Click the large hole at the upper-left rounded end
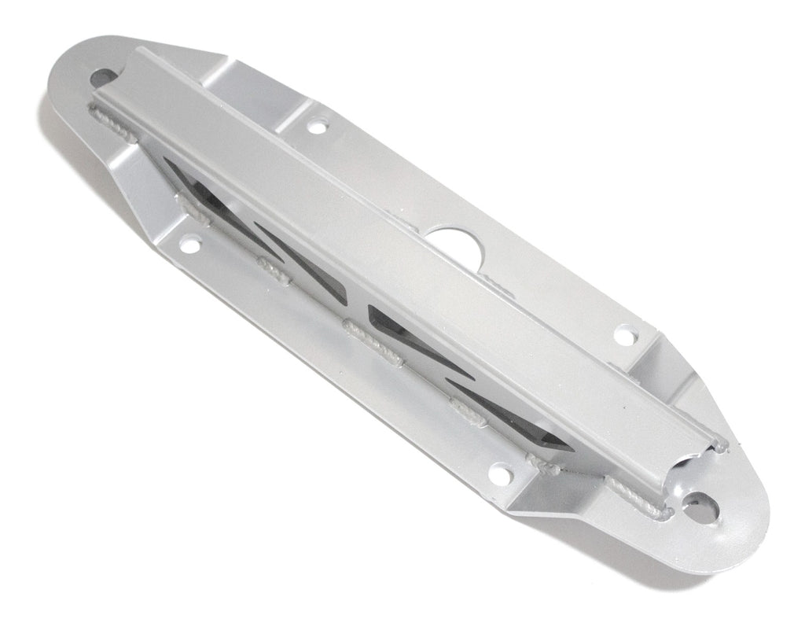103,77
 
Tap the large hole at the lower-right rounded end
698,508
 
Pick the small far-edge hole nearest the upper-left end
317,126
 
